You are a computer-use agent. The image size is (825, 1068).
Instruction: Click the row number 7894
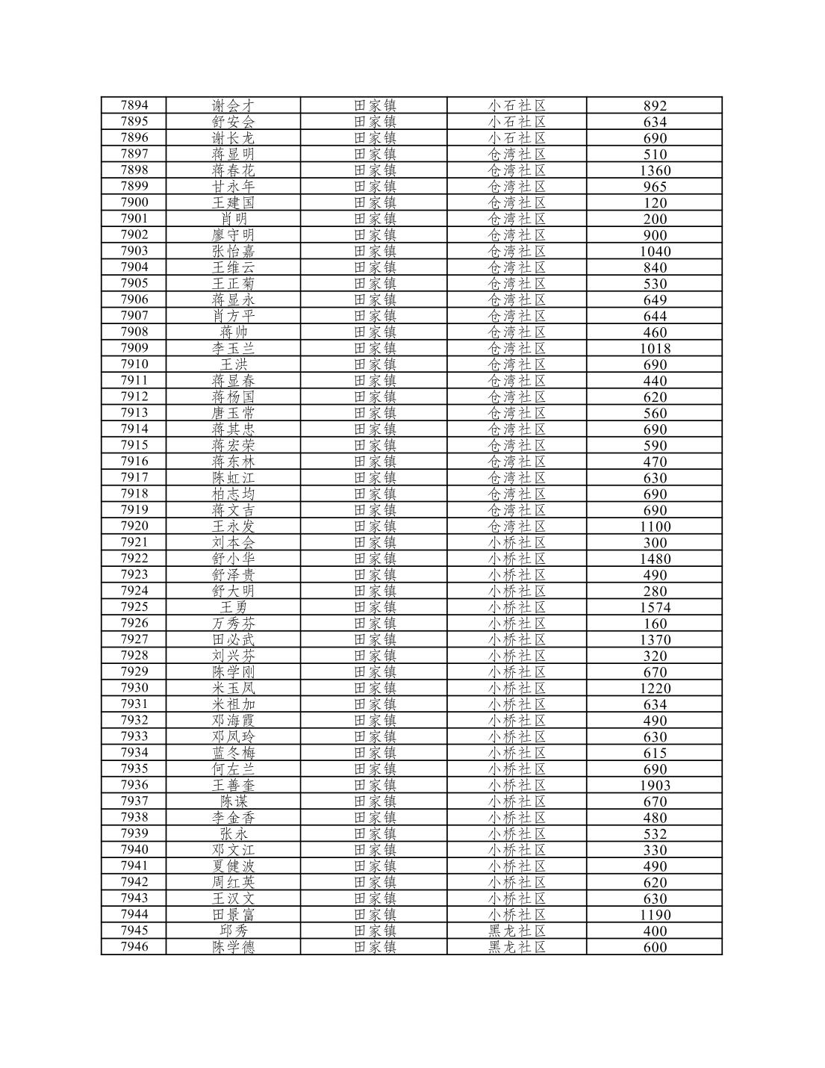click(x=134, y=105)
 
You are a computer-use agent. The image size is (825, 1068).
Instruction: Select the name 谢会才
click(x=233, y=106)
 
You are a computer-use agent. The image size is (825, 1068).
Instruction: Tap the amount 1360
click(x=655, y=170)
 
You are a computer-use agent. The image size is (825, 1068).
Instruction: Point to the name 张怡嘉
click(x=233, y=252)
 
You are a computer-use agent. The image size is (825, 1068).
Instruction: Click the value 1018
click(x=655, y=349)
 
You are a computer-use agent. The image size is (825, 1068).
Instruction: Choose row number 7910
click(x=134, y=364)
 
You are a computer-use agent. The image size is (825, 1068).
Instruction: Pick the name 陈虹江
click(x=233, y=478)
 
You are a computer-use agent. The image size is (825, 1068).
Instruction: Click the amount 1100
click(x=655, y=527)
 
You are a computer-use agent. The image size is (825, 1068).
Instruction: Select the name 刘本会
click(x=233, y=543)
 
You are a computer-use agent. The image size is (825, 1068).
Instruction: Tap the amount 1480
click(x=655, y=559)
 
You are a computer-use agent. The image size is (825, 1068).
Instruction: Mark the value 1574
click(x=655, y=607)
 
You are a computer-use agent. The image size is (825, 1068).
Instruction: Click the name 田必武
click(x=233, y=640)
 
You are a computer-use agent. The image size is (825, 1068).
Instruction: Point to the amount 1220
click(x=655, y=689)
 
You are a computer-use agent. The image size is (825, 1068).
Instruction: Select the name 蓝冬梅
click(x=233, y=753)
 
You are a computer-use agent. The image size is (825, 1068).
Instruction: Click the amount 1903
click(x=655, y=786)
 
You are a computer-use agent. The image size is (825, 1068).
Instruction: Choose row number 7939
click(x=134, y=833)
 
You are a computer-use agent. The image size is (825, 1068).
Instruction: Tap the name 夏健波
click(x=233, y=866)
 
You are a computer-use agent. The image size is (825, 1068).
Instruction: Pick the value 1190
click(x=655, y=915)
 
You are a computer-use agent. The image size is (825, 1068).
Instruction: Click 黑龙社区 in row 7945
click(x=517, y=931)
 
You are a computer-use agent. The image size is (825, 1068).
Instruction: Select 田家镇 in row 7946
click(x=374, y=947)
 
